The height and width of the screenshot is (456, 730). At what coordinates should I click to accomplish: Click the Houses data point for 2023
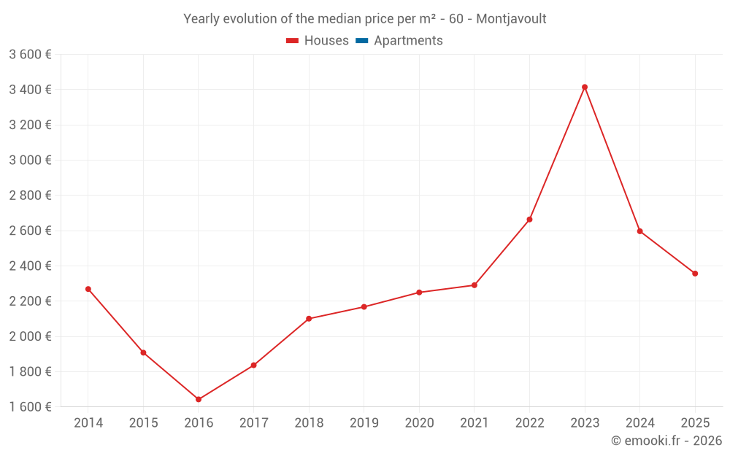[585, 87]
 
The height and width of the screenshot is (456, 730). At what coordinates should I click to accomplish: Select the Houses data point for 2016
[199, 399]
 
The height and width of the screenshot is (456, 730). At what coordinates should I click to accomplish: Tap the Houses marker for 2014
[88, 289]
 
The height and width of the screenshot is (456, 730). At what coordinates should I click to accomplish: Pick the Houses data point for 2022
[529, 220]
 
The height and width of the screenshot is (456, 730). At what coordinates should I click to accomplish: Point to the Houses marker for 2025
[695, 274]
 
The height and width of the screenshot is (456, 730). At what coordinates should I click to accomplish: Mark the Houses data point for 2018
[309, 319]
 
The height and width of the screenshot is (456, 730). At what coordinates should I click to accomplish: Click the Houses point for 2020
[419, 293]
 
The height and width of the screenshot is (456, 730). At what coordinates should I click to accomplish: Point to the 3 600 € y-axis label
[30, 54]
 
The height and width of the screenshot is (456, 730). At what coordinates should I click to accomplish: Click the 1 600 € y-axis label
[30, 407]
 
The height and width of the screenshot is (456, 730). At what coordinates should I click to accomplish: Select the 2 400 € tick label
[30, 266]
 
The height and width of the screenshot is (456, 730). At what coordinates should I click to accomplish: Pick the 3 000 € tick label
[30, 160]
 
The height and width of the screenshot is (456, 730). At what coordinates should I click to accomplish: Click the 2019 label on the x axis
[364, 423]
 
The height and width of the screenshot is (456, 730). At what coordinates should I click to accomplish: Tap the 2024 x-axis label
[639, 423]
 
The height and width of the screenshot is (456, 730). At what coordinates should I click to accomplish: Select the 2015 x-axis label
[143, 423]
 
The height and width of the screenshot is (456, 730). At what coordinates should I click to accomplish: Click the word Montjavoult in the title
[511, 19]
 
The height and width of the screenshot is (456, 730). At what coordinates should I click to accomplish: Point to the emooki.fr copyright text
[666, 441]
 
